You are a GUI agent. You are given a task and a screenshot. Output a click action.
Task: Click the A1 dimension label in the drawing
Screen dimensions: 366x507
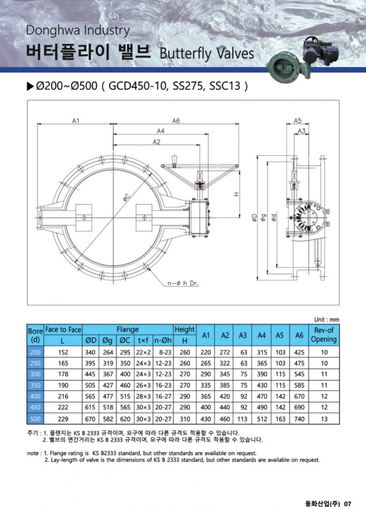coord(75,121)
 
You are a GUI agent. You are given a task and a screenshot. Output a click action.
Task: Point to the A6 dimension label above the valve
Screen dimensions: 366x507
coord(176,121)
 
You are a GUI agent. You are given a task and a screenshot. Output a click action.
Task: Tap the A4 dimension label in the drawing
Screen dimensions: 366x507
coord(160,131)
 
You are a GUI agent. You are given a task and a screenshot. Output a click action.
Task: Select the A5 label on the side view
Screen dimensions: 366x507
coord(298,121)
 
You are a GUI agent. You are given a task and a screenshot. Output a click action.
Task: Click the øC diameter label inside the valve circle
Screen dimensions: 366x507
coord(127,198)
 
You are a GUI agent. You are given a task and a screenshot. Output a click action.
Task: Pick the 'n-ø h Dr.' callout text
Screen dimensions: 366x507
coord(183,283)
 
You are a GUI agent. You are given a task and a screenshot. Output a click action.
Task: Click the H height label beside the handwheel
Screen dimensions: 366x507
coord(236,194)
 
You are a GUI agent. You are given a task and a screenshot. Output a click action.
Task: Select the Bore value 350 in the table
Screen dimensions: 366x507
coord(35,385)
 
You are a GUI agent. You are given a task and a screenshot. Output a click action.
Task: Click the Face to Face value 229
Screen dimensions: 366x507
coord(63,419)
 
